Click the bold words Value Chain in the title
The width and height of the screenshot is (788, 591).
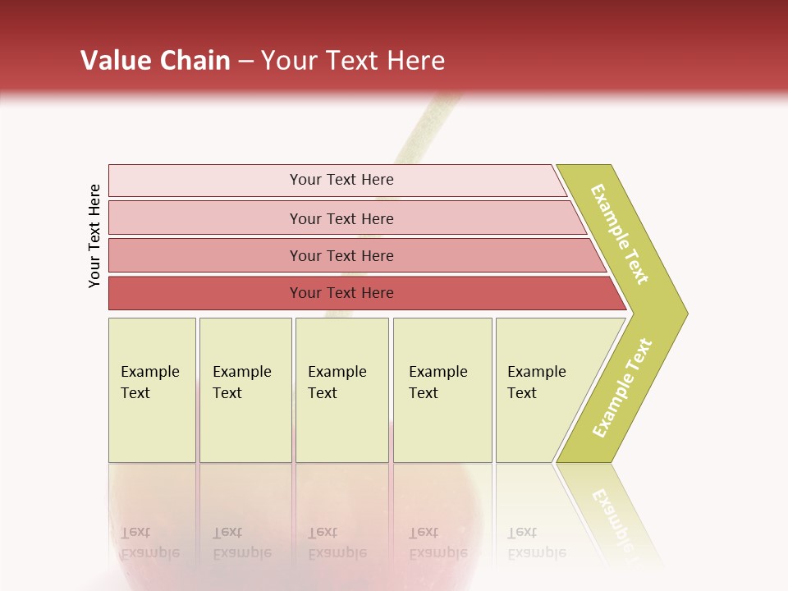(x=155, y=61)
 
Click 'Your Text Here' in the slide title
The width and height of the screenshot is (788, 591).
(x=353, y=61)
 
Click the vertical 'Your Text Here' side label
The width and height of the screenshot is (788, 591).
(x=94, y=236)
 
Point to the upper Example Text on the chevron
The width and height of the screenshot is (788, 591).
(x=620, y=234)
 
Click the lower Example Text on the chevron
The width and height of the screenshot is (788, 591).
(x=622, y=387)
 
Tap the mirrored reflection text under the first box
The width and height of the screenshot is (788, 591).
(x=149, y=543)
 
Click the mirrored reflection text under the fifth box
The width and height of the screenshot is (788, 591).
(x=536, y=543)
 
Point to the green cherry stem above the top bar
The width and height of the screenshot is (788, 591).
(x=424, y=131)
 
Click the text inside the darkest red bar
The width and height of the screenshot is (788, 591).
(x=341, y=293)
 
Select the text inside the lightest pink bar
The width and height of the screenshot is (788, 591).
(x=341, y=180)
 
